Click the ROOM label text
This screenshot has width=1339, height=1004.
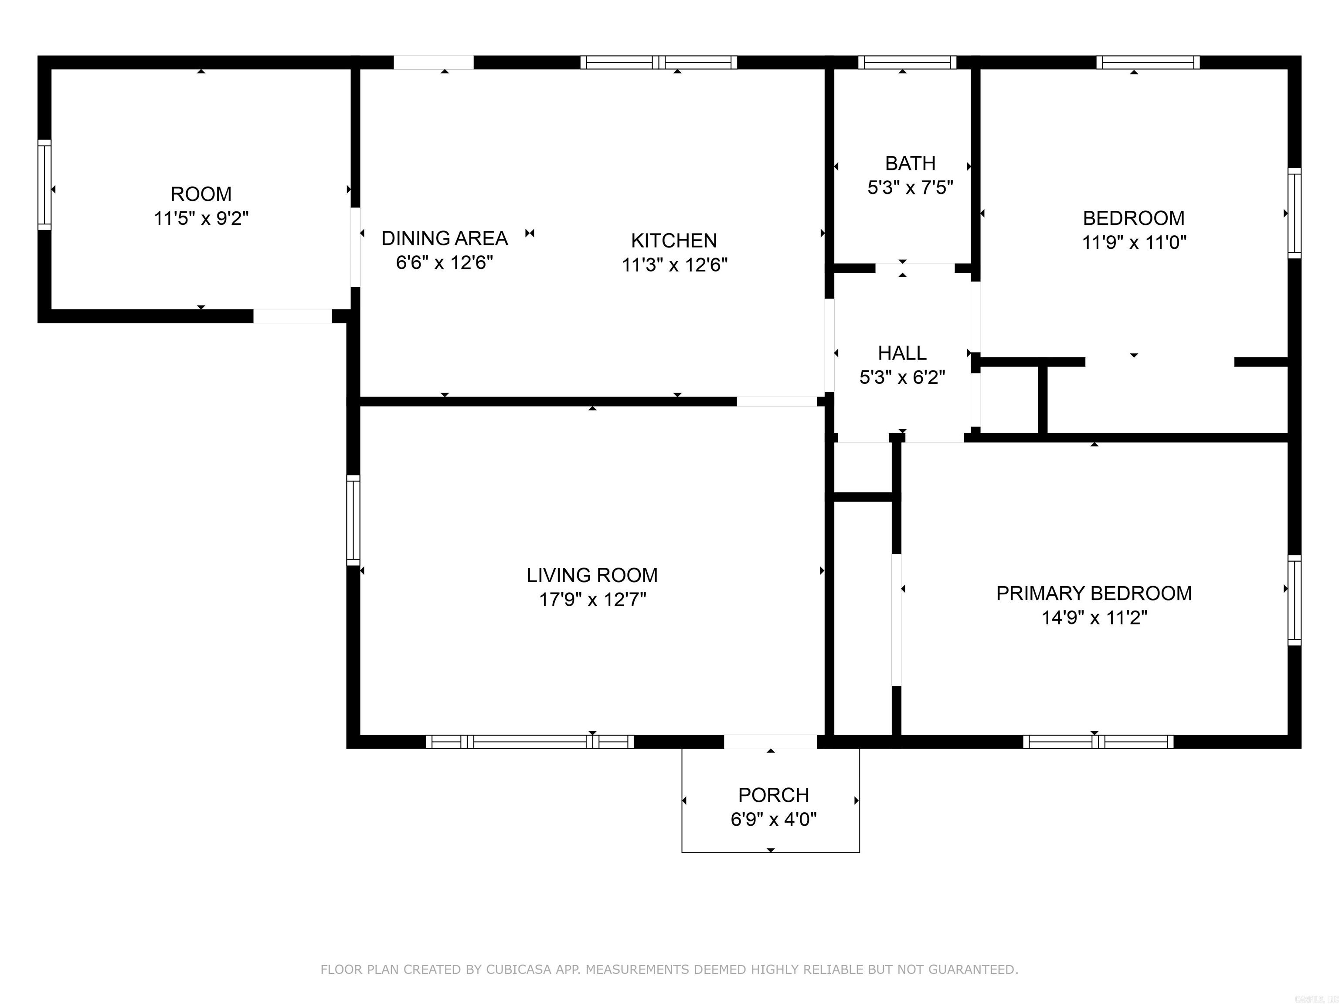[201, 194]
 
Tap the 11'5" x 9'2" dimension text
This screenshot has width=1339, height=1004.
[201, 218]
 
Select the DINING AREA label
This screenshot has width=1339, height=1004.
[444, 238]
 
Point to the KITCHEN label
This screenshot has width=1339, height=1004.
[674, 241]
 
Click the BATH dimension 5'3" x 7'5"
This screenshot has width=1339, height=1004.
[910, 188]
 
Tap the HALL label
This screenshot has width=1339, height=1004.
[902, 353]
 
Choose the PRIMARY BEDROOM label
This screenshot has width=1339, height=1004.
[1094, 594]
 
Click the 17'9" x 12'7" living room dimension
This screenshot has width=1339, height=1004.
[592, 600]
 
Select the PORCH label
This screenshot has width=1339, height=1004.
[773, 795]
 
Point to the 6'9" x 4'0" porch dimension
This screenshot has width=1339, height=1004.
[773, 819]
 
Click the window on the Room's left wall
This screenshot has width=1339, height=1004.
[44, 185]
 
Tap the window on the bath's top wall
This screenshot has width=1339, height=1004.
[907, 62]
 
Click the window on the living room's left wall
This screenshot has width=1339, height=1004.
[353, 520]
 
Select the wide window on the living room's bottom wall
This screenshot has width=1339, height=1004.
[530, 742]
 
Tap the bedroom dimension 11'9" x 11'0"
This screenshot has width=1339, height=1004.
[1134, 243]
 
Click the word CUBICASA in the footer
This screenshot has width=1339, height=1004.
[518, 970]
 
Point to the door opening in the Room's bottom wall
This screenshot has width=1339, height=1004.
[292, 316]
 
